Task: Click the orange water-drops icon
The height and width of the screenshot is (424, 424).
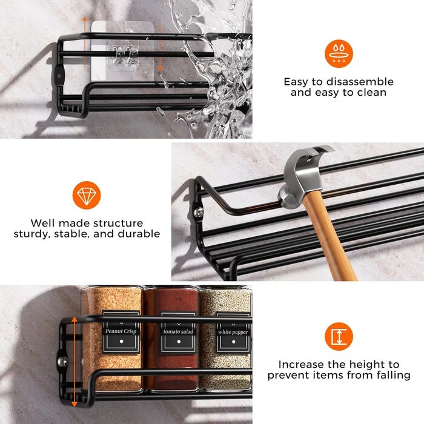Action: pos(339,53)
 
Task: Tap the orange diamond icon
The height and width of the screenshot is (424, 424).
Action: pos(87,195)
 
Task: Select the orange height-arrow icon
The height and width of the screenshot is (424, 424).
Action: pos(339,336)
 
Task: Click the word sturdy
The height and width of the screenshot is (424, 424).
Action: pos(32,234)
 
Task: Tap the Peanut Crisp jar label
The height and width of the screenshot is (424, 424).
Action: pos(121,332)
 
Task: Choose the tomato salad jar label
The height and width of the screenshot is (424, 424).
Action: pos(178,333)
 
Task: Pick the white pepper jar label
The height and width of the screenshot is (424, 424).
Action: pos(233,333)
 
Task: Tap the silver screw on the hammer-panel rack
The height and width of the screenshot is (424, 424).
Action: pos(199,212)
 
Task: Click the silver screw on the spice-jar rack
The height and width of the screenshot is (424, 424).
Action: pos(63,361)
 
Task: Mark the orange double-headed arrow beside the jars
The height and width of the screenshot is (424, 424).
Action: pos(75,362)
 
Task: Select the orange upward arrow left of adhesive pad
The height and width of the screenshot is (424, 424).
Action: pos(85,43)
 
